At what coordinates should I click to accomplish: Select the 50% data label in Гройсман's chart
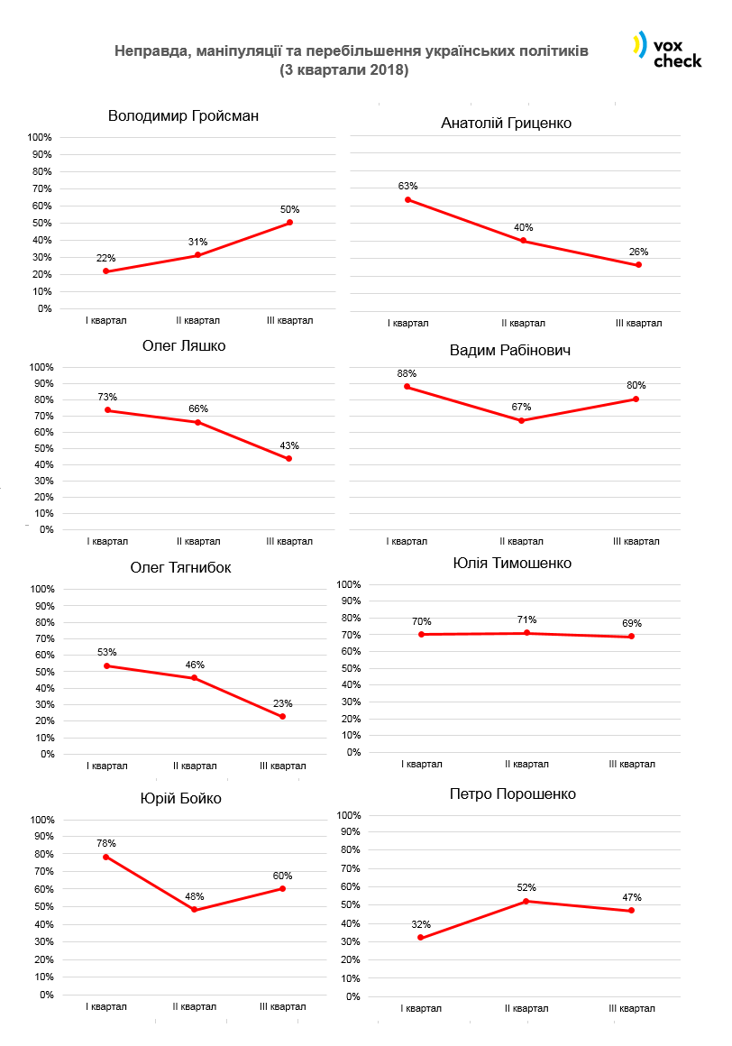pos(289,209)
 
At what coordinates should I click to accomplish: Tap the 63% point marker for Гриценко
pos(407,199)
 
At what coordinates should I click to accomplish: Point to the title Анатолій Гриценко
pos(506,123)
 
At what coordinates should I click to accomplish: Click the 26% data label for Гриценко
pos(638,252)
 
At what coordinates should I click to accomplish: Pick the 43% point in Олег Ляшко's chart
pos(288,458)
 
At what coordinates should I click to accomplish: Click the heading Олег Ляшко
pos(184,346)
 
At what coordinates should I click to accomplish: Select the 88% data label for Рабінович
pos(407,373)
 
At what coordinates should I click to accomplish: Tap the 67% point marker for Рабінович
pos(522,420)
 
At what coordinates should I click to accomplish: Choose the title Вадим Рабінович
pos(510,351)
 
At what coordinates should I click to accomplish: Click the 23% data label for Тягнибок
pos(283,703)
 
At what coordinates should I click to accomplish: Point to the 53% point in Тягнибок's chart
pos(107,665)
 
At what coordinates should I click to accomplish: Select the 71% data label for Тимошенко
pos(527,619)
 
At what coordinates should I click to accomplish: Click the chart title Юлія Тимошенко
pos(512,564)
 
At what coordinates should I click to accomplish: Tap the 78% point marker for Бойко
pos(106,857)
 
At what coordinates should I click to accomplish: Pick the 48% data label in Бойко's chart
pos(195,896)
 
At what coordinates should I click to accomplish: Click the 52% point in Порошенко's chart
pos(526,901)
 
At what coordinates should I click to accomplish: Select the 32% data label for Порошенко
pos(421,924)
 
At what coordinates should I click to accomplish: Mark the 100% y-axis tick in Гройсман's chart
pos(41,137)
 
